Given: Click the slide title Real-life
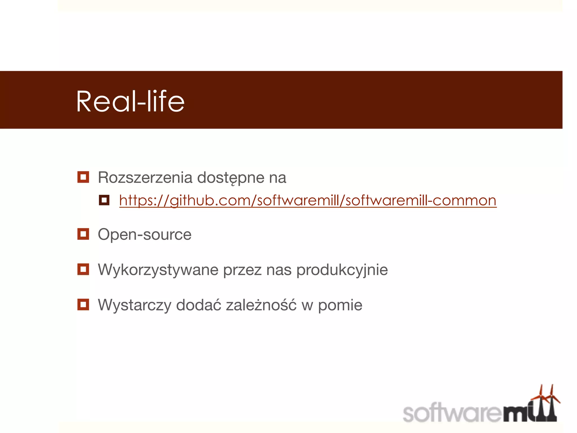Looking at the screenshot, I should pos(130,101).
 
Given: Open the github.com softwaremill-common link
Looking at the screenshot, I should pos(308,201).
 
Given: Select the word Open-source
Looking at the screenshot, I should pos(145,235).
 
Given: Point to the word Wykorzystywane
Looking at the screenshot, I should pos(158,270).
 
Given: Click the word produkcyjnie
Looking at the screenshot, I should pos(342,270).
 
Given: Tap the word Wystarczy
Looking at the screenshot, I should pos(134,305).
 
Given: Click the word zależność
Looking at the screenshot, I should pos(261,305).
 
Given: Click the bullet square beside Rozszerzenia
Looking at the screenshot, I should pos(83,177).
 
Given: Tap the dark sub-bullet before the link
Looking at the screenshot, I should pos(104,200).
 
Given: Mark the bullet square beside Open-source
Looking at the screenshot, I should pos(83,234).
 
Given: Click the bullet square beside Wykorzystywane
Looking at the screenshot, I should pos(83,269).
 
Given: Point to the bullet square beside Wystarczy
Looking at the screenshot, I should pos(83,304).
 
